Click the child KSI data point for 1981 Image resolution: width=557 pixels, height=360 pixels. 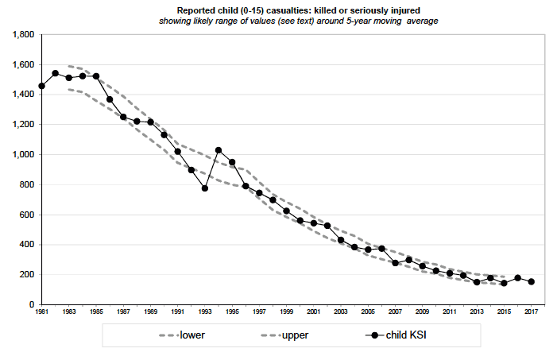click(41, 86)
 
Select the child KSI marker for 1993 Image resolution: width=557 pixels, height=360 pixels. click(205, 188)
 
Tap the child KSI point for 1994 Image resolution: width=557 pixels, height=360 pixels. click(219, 150)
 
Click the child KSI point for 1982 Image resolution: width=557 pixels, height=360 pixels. click(55, 73)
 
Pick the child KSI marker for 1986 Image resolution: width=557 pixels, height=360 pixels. click(110, 99)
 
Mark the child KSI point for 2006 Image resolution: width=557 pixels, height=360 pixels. click(381, 249)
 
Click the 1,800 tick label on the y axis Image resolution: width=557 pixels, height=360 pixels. click(21, 35)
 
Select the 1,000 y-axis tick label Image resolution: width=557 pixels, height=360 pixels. click(21, 155)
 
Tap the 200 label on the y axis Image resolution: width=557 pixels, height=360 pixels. click(25, 275)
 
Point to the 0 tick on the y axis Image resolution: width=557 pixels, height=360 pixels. click(30, 305)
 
